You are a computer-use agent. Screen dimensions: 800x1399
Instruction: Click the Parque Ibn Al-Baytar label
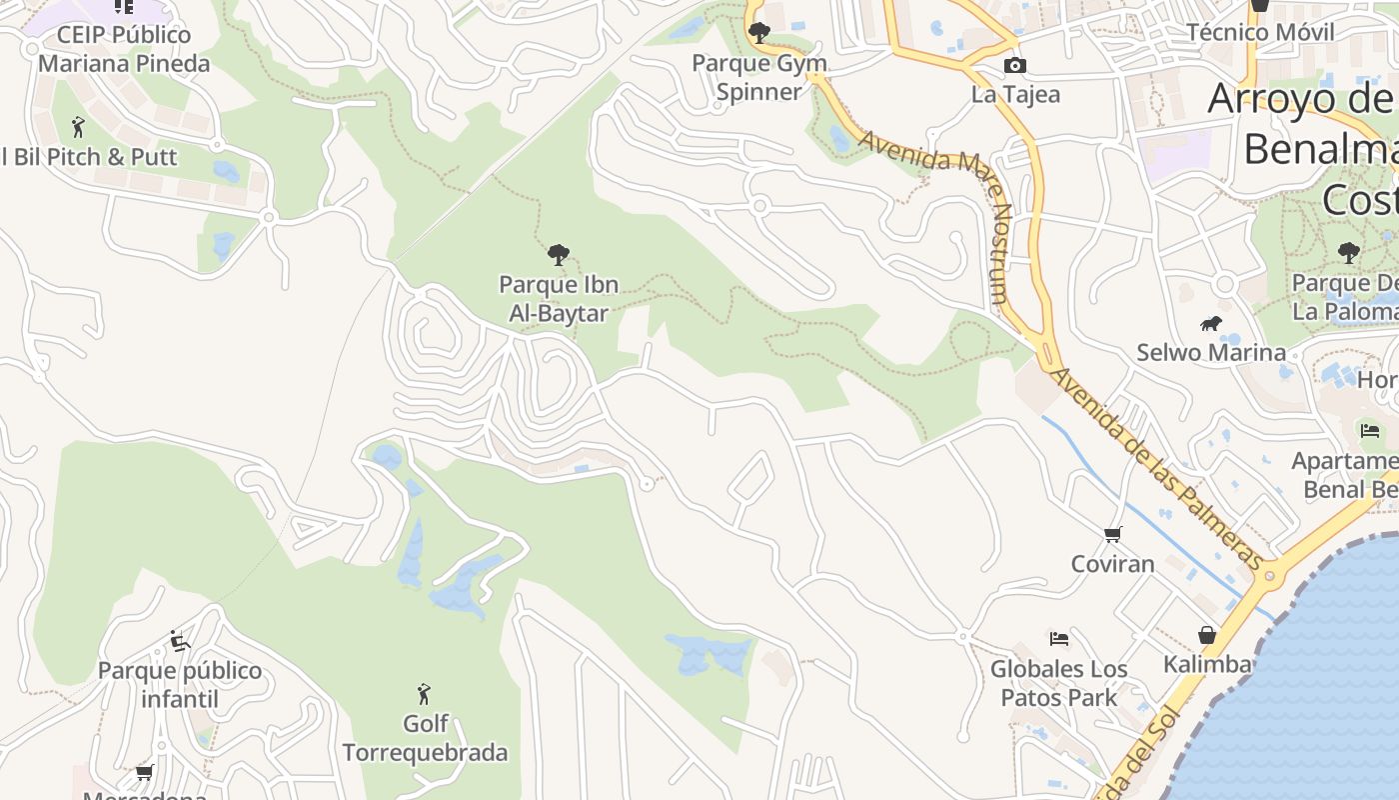click(x=559, y=299)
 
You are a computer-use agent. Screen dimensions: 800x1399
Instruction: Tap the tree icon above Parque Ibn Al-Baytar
click(x=559, y=255)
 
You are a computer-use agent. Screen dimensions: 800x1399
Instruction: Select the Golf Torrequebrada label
click(x=425, y=738)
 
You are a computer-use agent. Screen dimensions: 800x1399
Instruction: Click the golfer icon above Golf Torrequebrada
click(x=424, y=693)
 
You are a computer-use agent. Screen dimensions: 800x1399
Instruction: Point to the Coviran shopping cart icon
click(x=1112, y=535)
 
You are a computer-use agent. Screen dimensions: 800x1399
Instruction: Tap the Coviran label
click(x=1112, y=564)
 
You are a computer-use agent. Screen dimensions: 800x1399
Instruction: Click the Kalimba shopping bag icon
click(x=1207, y=635)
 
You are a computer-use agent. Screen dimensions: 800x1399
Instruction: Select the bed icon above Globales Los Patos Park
click(x=1059, y=638)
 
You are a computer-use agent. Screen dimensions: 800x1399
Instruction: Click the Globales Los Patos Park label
click(x=1059, y=683)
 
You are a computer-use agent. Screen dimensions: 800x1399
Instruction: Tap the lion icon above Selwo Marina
click(x=1211, y=323)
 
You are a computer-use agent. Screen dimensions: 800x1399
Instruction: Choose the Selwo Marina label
click(x=1211, y=353)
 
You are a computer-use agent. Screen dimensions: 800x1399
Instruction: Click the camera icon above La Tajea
click(x=1014, y=66)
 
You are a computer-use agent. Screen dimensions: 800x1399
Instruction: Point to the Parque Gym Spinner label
click(x=759, y=77)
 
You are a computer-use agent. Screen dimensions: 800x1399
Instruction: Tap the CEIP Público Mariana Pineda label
click(x=124, y=49)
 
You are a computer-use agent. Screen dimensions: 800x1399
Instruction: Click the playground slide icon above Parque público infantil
click(x=180, y=641)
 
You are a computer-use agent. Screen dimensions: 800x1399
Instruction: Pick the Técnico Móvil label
click(x=1260, y=32)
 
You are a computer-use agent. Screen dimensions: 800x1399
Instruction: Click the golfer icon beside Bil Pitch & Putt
click(x=79, y=127)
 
